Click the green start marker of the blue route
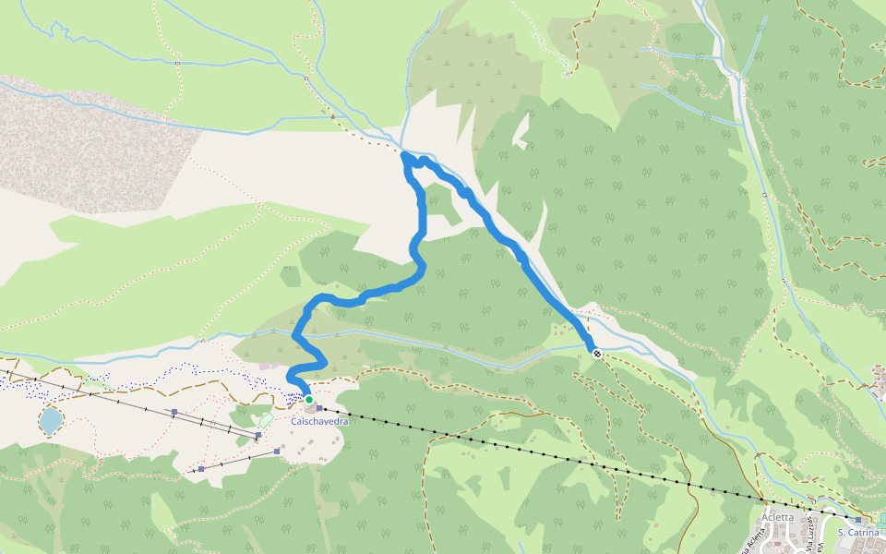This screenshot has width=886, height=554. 309,400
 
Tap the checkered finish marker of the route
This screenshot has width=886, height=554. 597,352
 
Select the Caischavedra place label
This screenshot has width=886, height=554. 319,421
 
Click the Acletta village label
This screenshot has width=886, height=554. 779,517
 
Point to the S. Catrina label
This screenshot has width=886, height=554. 858,532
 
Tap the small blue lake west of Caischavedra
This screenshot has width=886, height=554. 51,421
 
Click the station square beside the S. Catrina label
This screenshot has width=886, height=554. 858,521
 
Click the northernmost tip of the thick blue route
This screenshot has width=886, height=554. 406,156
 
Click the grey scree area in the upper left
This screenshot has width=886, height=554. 92,148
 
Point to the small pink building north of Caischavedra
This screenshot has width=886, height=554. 265,367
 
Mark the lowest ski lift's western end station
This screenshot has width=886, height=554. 200,470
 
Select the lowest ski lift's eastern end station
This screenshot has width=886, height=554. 277,451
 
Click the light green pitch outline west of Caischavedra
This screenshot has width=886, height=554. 266,420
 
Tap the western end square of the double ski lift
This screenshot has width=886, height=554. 174,413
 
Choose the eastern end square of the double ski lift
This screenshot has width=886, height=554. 259,434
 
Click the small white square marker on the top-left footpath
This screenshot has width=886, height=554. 175,62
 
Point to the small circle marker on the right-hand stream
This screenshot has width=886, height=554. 766,195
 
